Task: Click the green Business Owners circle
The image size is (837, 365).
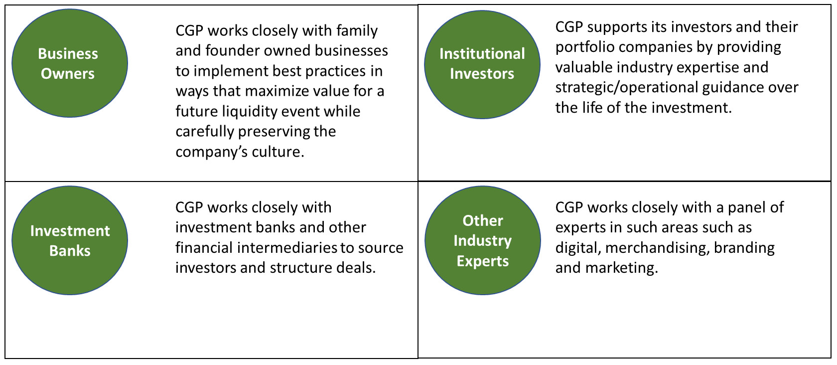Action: (70, 63)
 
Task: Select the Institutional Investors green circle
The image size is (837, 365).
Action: (482, 65)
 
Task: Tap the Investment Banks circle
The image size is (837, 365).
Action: (70, 240)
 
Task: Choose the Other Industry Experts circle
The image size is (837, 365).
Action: (483, 240)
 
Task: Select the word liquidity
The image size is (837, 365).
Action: (250, 112)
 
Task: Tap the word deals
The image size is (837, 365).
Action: (356, 268)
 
